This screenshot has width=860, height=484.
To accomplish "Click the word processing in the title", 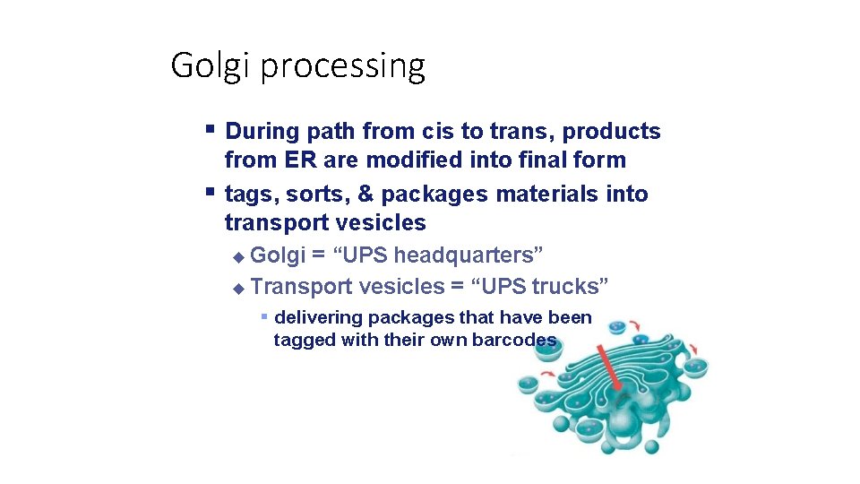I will tap(342, 67).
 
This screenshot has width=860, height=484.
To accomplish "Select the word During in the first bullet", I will tap(262, 132).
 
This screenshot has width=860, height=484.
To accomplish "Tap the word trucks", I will tap(566, 287).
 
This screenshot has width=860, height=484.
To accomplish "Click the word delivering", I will tap(318, 317).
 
